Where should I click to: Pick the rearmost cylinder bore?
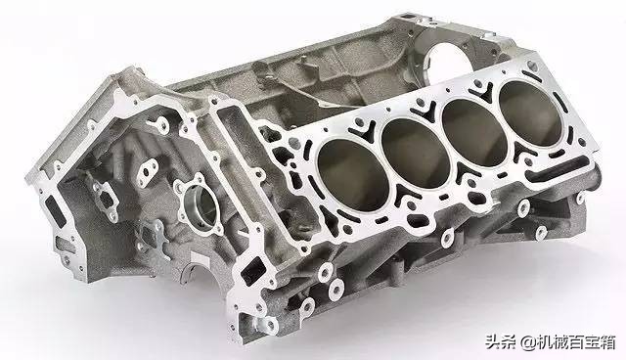[x=530, y=109]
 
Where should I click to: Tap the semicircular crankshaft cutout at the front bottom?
[x=196, y=272]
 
